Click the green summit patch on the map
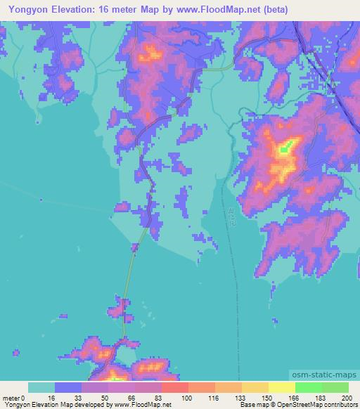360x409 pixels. pos(284,149)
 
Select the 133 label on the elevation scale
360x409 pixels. pos(241,398)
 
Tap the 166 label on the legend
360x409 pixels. pos(295,398)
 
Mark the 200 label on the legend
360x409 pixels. pos(347,398)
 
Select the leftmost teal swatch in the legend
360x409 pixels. pos(41,387)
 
